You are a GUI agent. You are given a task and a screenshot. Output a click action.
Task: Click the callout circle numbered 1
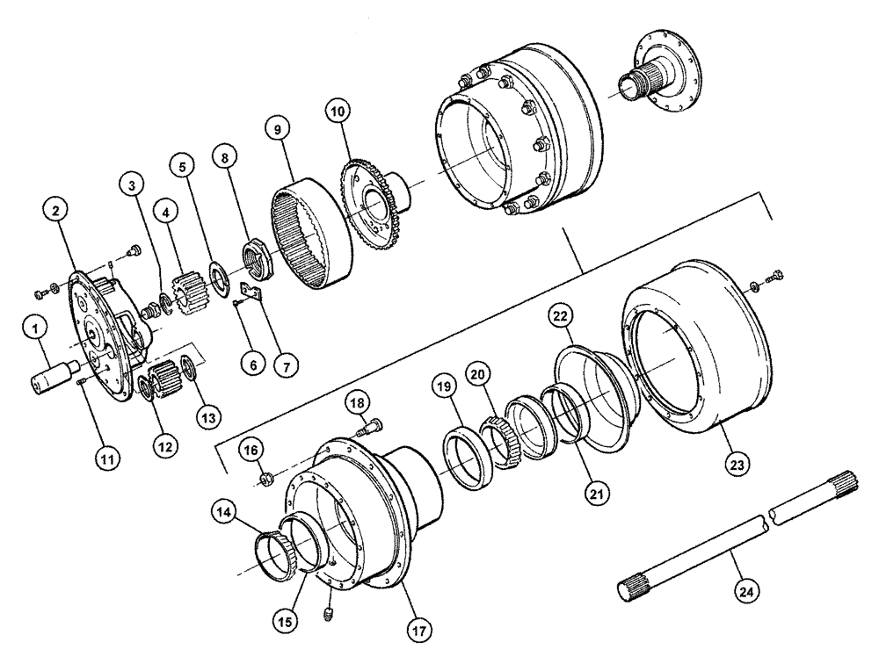[34, 330]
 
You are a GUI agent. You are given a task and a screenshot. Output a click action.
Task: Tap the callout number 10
[338, 112]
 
